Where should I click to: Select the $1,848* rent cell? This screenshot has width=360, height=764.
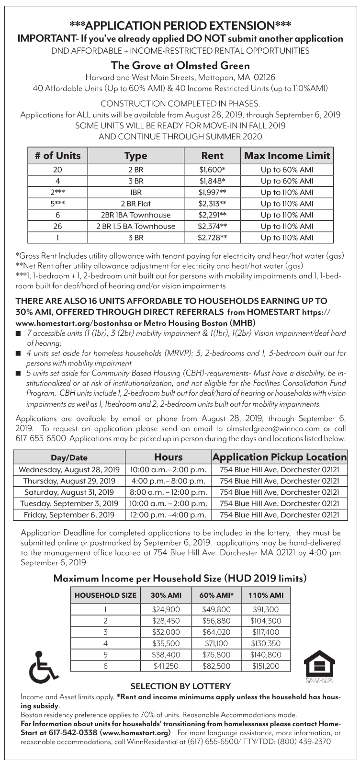[213, 181]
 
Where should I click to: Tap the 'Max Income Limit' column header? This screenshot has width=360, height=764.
[287, 155]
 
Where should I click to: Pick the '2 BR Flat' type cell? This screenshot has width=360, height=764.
[135, 204]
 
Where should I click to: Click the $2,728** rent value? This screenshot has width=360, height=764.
[213, 238]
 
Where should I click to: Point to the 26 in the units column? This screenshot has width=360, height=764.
[57, 226]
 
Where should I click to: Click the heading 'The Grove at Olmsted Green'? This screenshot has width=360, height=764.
[180, 65]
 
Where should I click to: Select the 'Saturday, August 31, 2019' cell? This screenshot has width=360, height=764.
[69, 492]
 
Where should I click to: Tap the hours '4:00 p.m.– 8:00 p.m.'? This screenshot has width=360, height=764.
[168, 480]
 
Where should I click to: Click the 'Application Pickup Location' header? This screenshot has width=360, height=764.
[280, 457]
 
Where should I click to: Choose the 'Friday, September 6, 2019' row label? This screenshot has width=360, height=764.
[69, 515]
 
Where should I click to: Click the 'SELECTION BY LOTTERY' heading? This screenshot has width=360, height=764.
[180, 686]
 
